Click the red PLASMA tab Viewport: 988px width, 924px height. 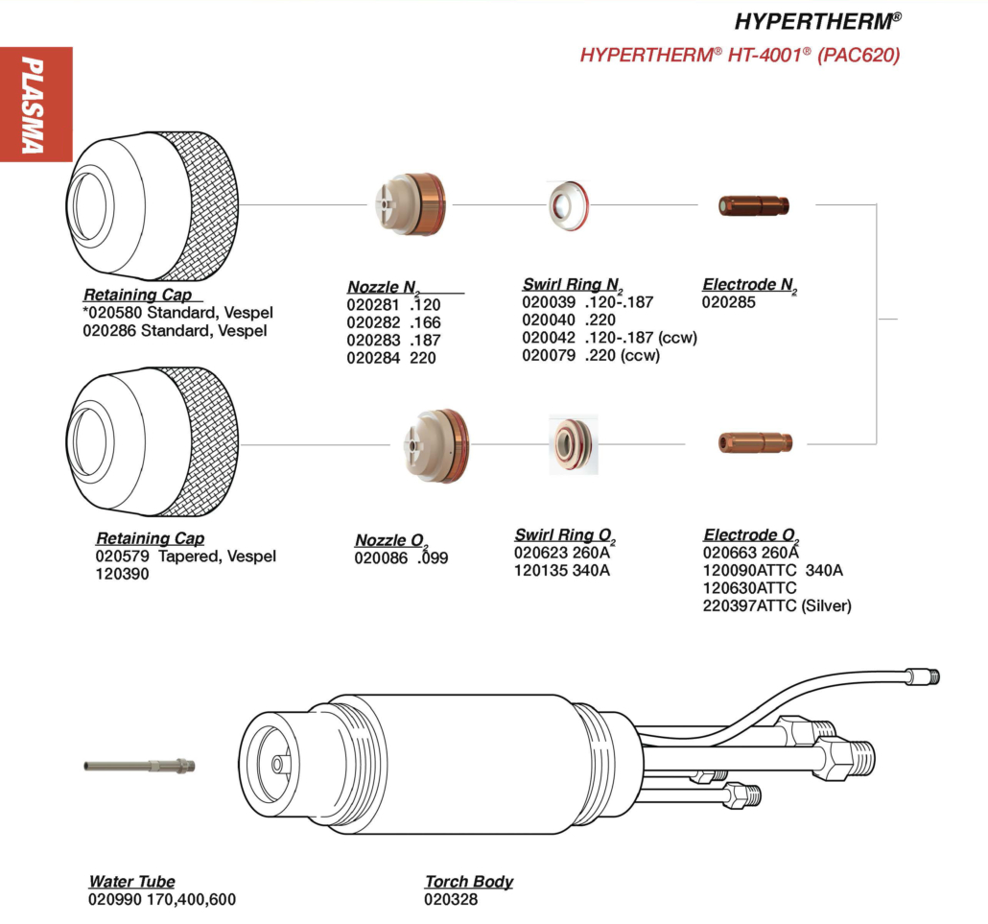tap(35, 104)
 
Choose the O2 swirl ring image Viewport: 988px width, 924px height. tap(573, 443)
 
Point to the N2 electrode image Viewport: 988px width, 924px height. tap(754, 204)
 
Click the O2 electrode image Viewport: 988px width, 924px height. tap(756, 442)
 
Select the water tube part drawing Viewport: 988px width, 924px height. tap(139, 766)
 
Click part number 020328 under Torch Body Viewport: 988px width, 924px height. tap(451, 899)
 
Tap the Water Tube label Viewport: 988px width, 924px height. tap(132, 881)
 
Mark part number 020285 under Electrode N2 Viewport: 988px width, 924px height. tap(730, 302)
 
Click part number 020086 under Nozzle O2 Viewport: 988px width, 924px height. tap(381, 557)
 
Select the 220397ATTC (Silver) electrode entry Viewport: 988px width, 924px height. tap(777, 605)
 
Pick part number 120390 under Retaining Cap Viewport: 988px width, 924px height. tap(122, 574)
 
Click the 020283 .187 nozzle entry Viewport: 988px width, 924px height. tap(393, 340)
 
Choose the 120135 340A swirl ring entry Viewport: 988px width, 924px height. tap(562, 571)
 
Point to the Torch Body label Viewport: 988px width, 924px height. tap(469, 881)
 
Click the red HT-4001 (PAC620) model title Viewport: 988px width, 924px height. tap(740, 56)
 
